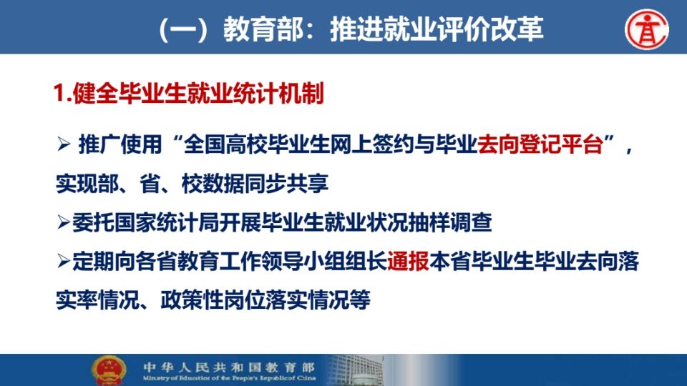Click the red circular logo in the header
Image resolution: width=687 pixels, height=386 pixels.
(x=647, y=29)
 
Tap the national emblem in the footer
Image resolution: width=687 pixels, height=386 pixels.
(x=109, y=370)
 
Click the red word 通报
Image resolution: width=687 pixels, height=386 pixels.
(x=408, y=262)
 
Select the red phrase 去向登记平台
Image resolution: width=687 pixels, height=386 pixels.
(x=540, y=144)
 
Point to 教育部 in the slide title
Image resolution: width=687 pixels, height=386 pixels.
(x=263, y=30)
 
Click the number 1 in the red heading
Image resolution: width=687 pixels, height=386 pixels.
(x=59, y=94)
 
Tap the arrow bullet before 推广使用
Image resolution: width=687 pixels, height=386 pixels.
(x=64, y=144)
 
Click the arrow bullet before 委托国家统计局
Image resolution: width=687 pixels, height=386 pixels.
(x=64, y=223)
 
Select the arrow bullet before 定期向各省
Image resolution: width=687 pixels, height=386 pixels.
(x=64, y=262)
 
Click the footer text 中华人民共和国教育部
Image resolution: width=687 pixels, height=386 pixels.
(x=229, y=367)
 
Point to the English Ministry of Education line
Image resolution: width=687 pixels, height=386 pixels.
(x=229, y=378)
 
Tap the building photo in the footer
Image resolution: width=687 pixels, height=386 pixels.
(x=356, y=370)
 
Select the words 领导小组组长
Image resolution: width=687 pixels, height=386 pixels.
(x=324, y=262)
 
